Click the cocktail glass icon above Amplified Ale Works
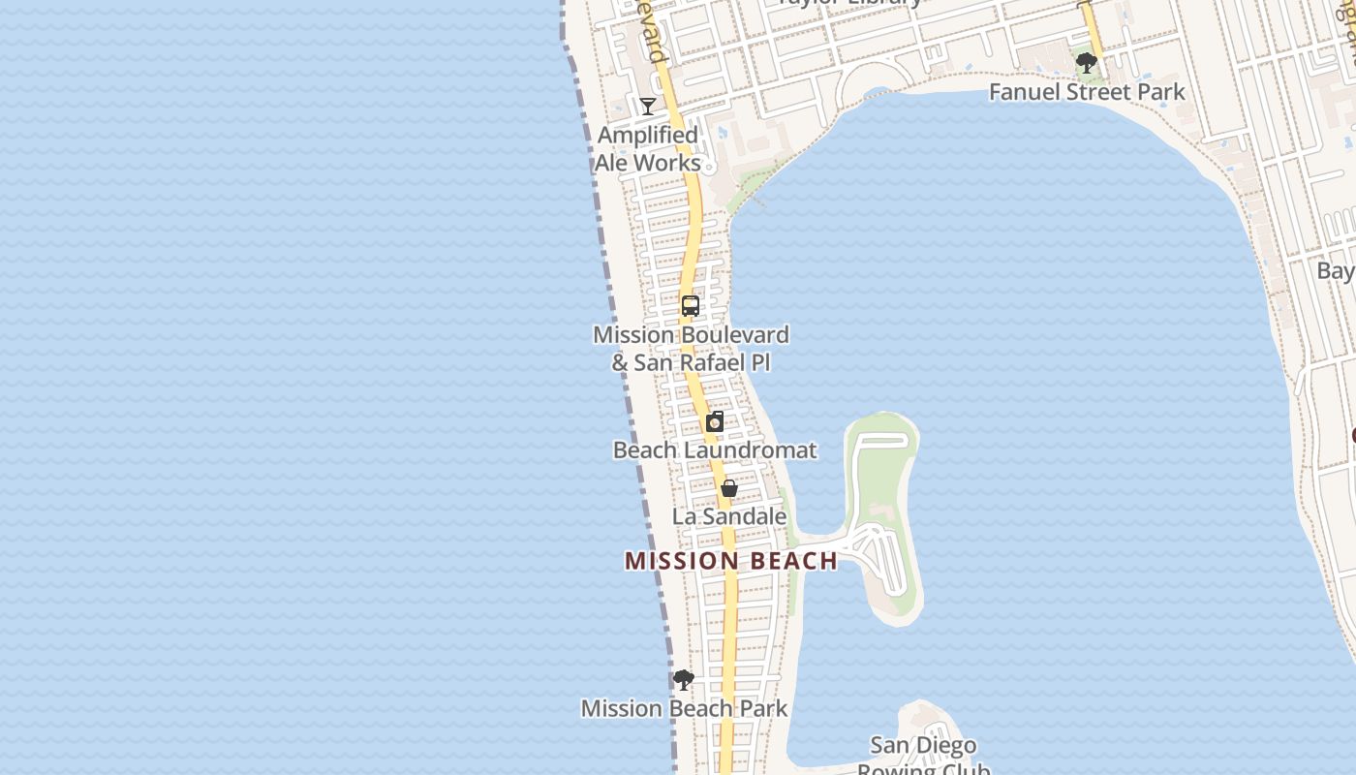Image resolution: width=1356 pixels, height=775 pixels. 648,106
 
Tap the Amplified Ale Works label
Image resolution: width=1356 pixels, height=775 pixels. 647,149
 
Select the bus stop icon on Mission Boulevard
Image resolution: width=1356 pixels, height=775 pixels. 691,306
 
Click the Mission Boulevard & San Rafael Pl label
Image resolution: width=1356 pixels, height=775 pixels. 691,349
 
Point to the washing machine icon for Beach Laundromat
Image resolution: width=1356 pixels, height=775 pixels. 715,421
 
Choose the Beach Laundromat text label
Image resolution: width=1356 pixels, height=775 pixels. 715,450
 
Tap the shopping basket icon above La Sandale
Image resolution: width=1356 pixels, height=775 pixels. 729,488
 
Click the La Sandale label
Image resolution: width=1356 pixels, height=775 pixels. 729,516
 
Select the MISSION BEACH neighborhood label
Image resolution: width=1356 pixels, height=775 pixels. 731,561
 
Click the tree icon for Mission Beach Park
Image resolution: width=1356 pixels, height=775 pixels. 684,680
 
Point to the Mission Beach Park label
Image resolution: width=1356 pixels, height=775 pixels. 684,708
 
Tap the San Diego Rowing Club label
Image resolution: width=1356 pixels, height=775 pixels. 923,757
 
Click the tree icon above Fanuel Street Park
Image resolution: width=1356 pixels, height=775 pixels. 1087,64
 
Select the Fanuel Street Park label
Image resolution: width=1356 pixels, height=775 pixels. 1087,92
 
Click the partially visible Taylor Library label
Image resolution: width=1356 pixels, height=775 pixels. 850,3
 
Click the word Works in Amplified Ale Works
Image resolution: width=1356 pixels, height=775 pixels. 668,163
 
